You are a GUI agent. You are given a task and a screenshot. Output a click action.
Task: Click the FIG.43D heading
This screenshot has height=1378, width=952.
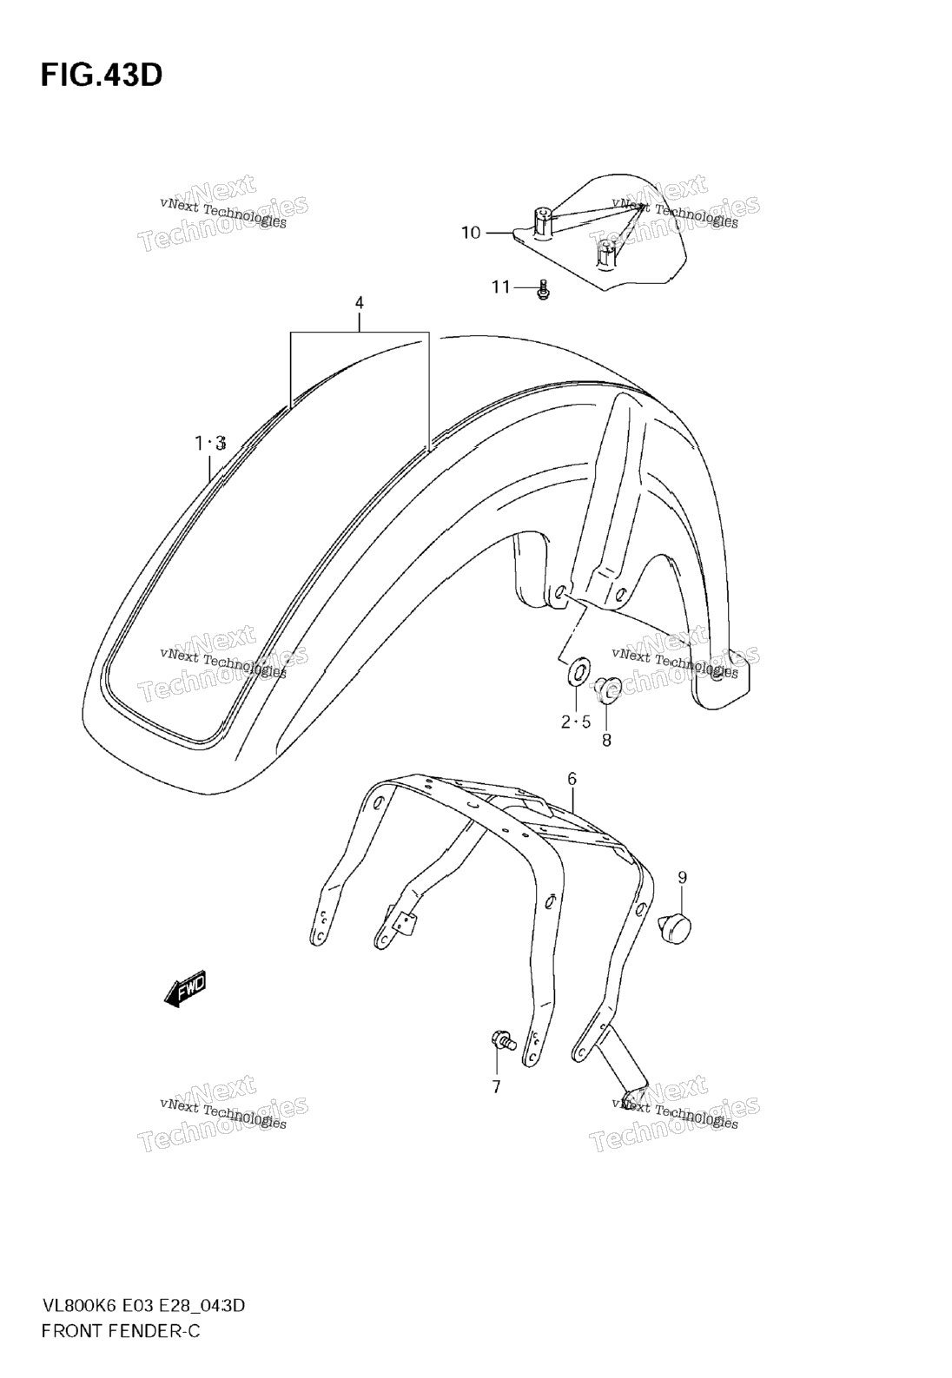102,75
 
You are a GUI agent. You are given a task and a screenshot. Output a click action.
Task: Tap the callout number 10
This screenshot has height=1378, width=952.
471,234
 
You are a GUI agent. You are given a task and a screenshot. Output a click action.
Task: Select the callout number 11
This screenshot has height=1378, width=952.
501,287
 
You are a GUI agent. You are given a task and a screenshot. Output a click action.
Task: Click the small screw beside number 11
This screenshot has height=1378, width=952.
543,290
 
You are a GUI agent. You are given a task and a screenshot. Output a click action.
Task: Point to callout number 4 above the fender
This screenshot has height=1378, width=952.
359,303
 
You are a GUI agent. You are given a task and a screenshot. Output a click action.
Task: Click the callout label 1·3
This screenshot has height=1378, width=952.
210,443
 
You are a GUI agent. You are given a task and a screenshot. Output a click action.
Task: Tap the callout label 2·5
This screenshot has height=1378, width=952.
575,722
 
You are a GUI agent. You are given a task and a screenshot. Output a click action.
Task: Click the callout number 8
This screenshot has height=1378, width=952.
607,741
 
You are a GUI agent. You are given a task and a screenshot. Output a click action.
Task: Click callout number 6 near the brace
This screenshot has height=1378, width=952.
572,779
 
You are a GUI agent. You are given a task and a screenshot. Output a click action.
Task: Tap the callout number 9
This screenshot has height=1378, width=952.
682,877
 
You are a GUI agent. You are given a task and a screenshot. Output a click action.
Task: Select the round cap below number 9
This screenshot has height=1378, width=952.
676,929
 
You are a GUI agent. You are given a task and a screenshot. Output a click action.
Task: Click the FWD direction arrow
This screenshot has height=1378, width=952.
185,989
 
